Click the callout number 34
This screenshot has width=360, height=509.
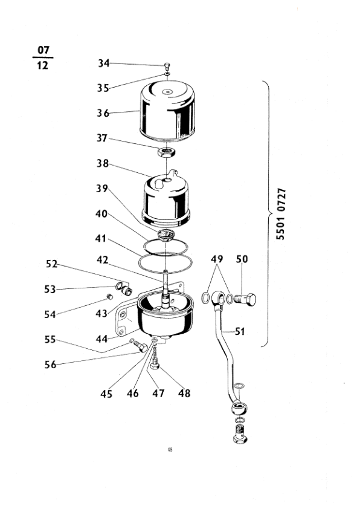pyautogui.click(x=104, y=63)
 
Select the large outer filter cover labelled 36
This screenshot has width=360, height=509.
pyautogui.click(x=167, y=111)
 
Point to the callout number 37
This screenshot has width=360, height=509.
pyautogui.click(x=102, y=138)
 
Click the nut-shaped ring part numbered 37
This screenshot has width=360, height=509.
pyautogui.click(x=167, y=152)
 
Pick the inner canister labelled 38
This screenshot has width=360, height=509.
pyautogui.click(x=166, y=198)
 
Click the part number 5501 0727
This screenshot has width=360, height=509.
pyautogui.click(x=280, y=214)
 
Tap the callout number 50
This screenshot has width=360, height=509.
pyautogui.click(x=242, y=259)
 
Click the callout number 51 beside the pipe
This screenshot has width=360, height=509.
pyautogui.click(x=239, y=331)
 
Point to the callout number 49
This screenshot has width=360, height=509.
pyautogui.click(x=217, y=259)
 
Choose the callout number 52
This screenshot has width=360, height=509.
pyautogui.click(x=51, y=264)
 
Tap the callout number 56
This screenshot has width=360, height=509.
pyautogui.click(x=50, y=365)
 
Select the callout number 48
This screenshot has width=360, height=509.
pyautogui.click(x=184, y=393)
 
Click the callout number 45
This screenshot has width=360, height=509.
pyautogui.click(x=106, y=394)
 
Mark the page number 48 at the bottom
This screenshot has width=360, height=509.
pyautogui.click(x=170, y=450)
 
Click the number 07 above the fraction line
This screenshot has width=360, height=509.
pyautogui.click(x=43, y=50)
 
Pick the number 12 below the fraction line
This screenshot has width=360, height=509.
pyautogui.click(x=42, y=65)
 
